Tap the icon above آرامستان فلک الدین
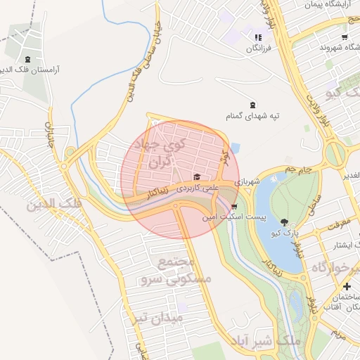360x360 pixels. click(x=27, y=58)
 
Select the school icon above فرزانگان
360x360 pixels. click(x=258, y=37)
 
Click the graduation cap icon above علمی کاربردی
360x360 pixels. click(x=197, y=176)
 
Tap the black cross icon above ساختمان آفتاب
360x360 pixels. click(x=347, y=287)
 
